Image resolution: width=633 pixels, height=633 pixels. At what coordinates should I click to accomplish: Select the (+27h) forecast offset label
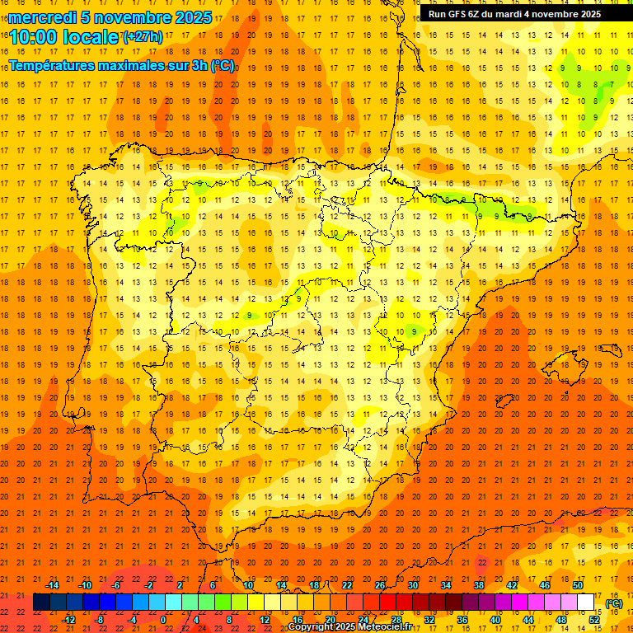coord(142,36)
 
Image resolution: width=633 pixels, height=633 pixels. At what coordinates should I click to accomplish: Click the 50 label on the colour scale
coord(578,585)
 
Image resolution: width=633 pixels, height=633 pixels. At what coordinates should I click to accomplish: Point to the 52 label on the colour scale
coord(594,620)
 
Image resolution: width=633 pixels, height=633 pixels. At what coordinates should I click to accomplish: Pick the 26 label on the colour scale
coord(380,585)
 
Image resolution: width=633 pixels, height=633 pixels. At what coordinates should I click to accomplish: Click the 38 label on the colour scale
coord(479,585)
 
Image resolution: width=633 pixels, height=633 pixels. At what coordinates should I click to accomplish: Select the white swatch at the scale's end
coord(586,603)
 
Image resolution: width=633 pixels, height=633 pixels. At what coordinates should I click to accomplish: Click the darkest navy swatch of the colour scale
coord(41,603)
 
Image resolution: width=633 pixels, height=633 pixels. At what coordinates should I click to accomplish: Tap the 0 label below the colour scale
coord(163,620)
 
